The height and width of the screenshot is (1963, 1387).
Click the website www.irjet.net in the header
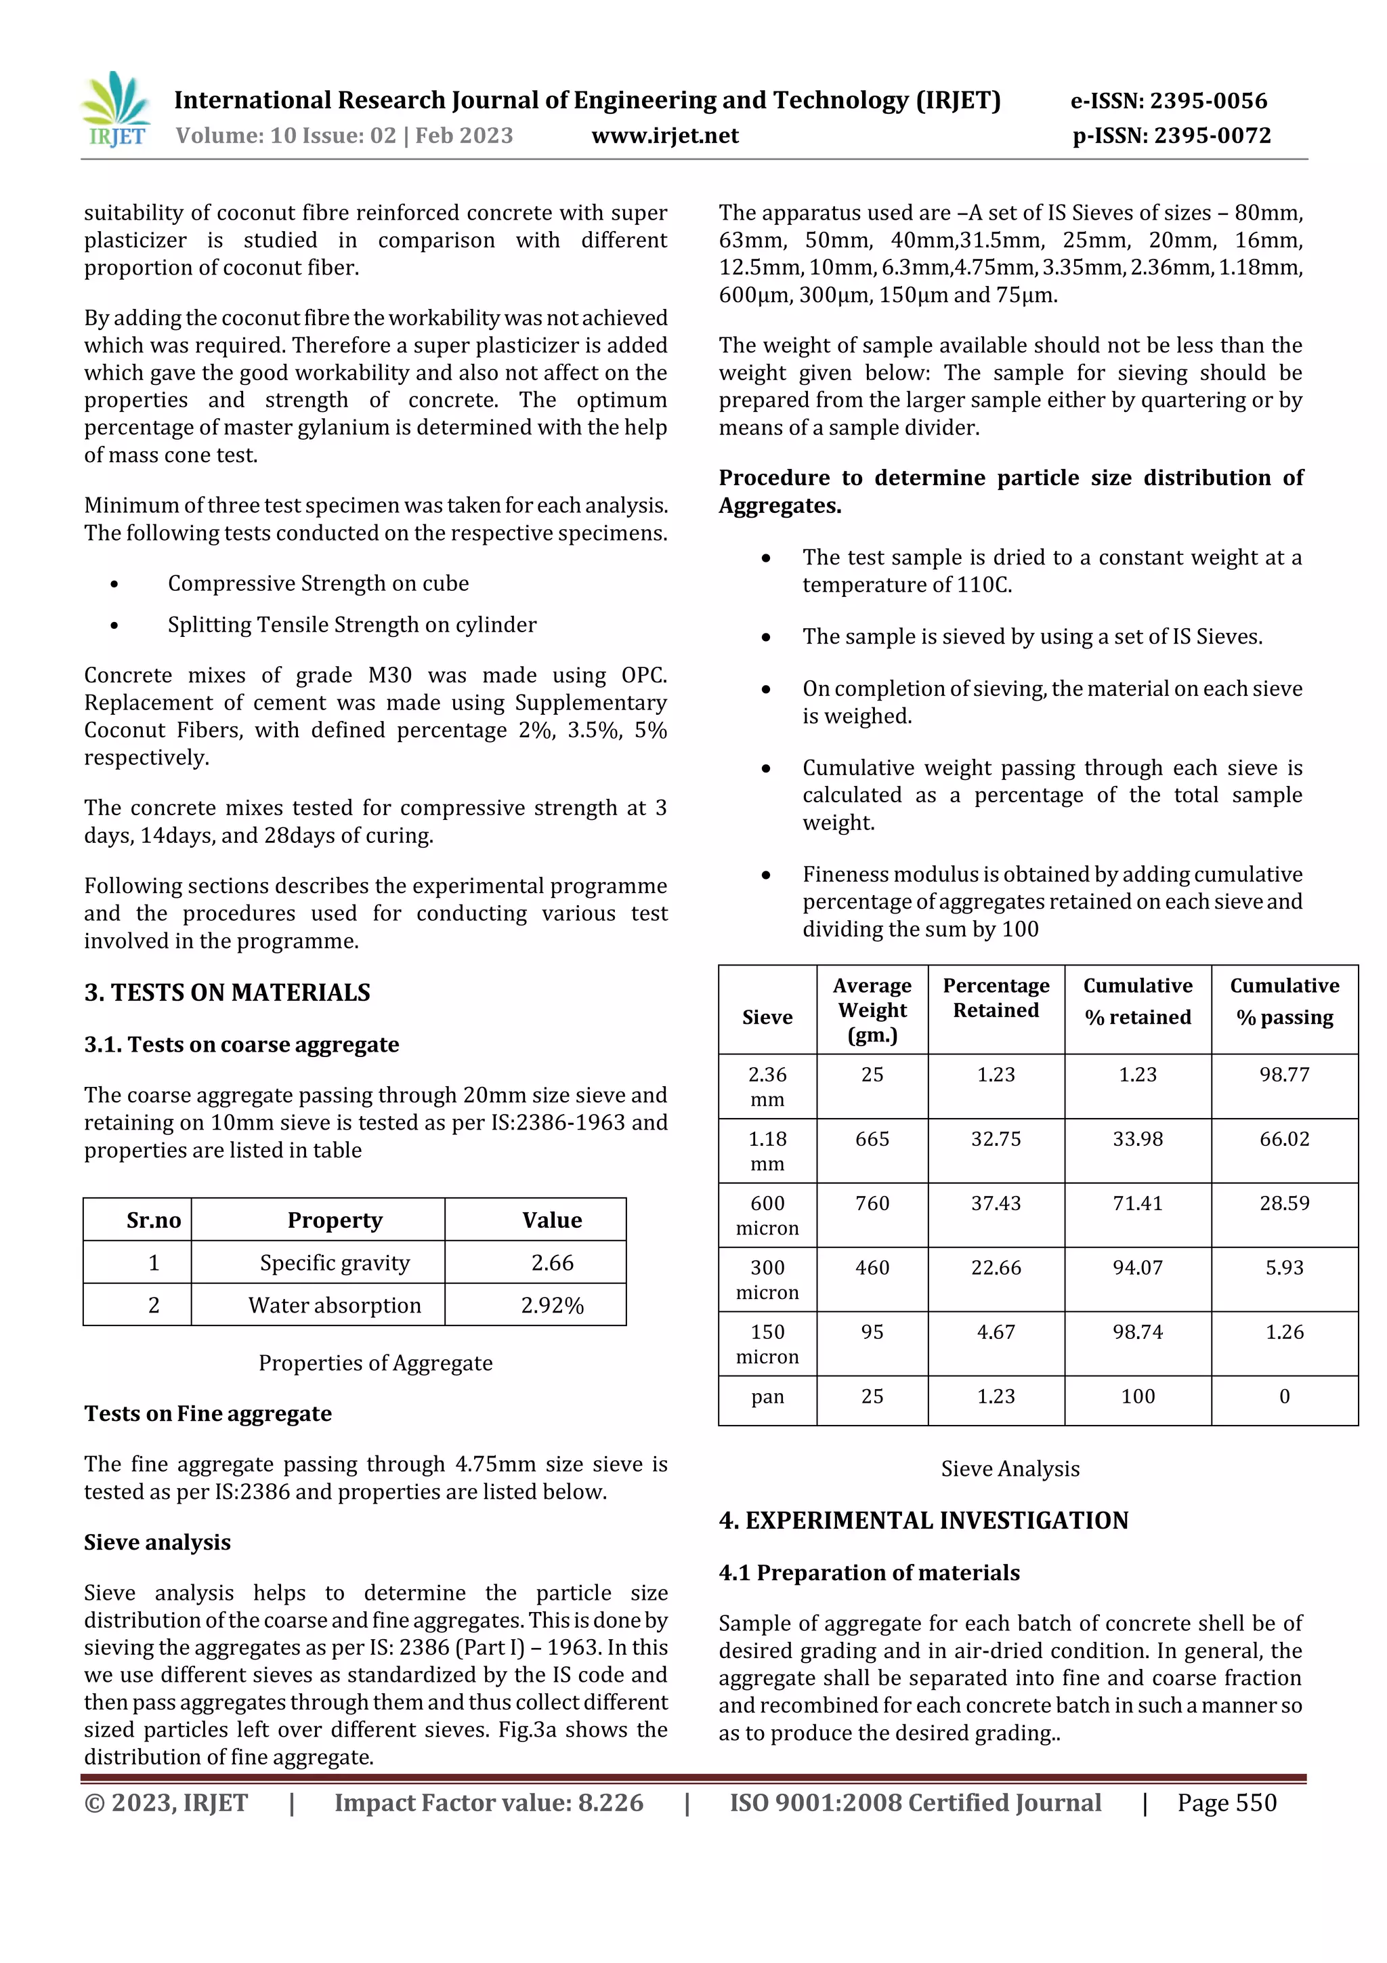(x=665, y=136)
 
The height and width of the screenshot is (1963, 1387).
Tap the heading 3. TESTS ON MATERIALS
(x=228, y=993)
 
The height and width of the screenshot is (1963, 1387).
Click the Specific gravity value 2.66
(x=552, y=1263)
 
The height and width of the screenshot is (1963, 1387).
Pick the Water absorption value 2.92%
(x=552, y=1306)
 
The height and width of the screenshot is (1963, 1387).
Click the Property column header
(x=335, y=1220)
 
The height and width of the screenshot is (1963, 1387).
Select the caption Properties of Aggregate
(x=375, y=1363)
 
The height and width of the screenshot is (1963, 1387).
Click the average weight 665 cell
(x=872, y=1139)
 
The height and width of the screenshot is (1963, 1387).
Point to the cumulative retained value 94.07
(x=1138, y=1268)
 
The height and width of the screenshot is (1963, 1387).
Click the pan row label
(x=767, y=1397)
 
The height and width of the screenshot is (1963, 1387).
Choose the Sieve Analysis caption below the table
(x=1010, y=1469)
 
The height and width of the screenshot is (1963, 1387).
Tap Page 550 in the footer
(x=1226, y=1803)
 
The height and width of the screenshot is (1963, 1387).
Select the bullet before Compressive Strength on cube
(x=114, y=584)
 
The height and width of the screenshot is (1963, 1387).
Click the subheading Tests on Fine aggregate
(x=208, y=1414)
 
